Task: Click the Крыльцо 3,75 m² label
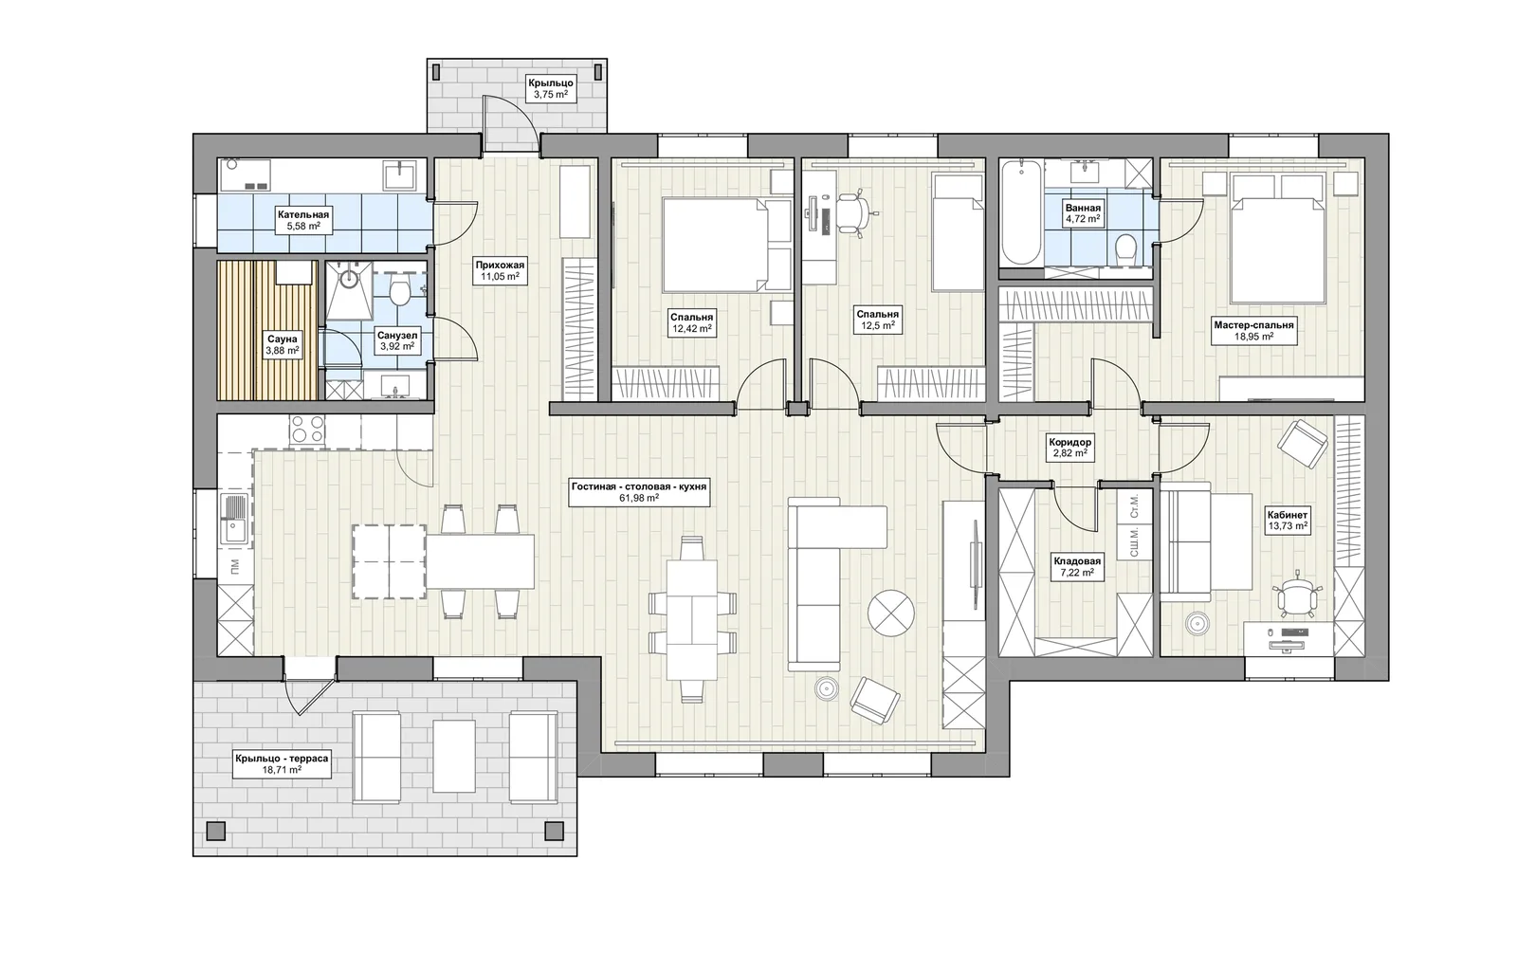[551, 89]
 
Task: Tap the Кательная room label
[302, 220]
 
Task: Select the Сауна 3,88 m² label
[283, 344]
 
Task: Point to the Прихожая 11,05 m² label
[500, 271]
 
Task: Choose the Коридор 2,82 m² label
[1070, 448]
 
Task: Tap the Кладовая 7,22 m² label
[1077, 567]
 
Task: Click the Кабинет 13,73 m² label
[1288, 520]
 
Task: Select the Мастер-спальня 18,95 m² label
[1253, 330]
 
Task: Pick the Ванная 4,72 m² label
[1083, 213]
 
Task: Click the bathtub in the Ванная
[1021, 212]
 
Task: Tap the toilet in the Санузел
[399, 290]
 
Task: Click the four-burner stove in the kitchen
[307, 430]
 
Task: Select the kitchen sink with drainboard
[235, 520]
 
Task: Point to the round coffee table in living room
[891, 613]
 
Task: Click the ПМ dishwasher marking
[234, 565]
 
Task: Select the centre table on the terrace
[454, 757]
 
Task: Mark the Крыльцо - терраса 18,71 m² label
[282, 763]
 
